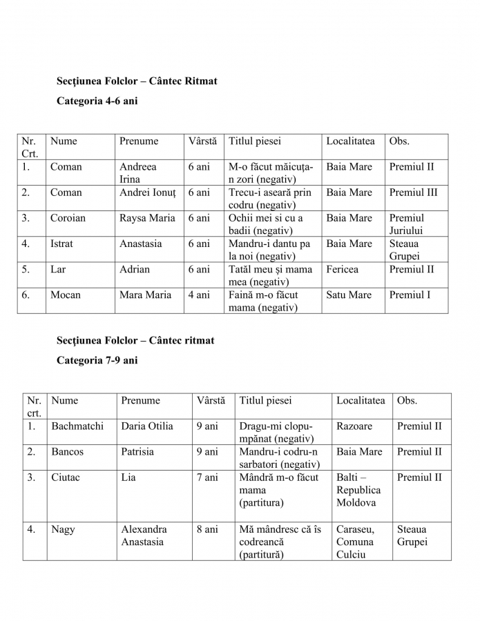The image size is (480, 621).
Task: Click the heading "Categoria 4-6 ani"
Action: point(97,101)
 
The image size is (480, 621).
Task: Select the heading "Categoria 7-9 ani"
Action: point(97,360)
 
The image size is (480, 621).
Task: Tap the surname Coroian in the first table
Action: point(68,218)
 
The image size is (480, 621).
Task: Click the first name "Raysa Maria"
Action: point(147,218)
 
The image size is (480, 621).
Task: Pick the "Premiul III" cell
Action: point(413,193)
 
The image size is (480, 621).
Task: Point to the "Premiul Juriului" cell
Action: point(407,224)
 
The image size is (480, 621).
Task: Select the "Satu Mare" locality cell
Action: point(349,295)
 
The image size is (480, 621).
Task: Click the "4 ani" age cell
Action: point(199,295)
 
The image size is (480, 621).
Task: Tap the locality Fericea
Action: point(343,269)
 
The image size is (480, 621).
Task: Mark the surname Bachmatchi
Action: point(77,426)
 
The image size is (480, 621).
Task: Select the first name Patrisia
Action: point(137,451)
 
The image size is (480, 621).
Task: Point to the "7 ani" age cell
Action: point(207,477)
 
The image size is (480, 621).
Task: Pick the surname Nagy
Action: point(63,529)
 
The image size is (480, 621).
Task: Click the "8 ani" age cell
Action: point(207,529)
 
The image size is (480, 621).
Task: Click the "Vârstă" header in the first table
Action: point(202,141)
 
